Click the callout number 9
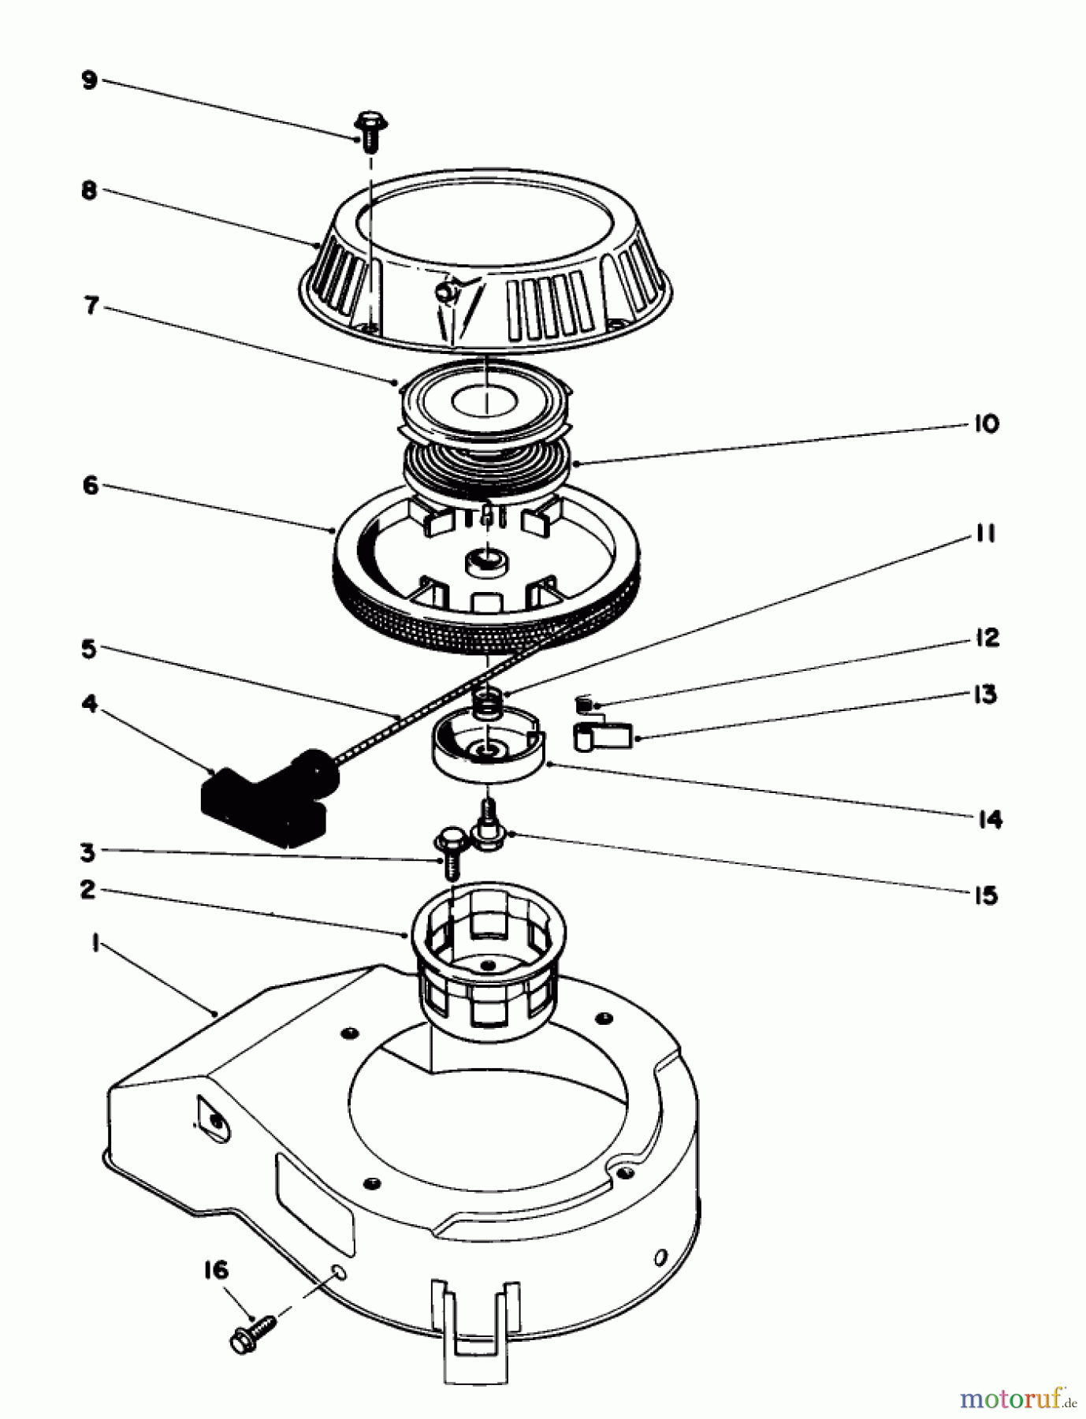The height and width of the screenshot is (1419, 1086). pyautogui.click(x=89, y=81)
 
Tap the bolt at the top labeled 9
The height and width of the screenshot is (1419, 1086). pyautogui.click(x=368, y=131)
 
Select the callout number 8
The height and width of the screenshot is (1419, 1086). pyautogui.click(x=89, y=191)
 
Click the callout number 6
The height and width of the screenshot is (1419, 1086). pyautogui.click(x=91, y=486)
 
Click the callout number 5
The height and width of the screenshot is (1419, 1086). pyautogui.click(x=89, y=650)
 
